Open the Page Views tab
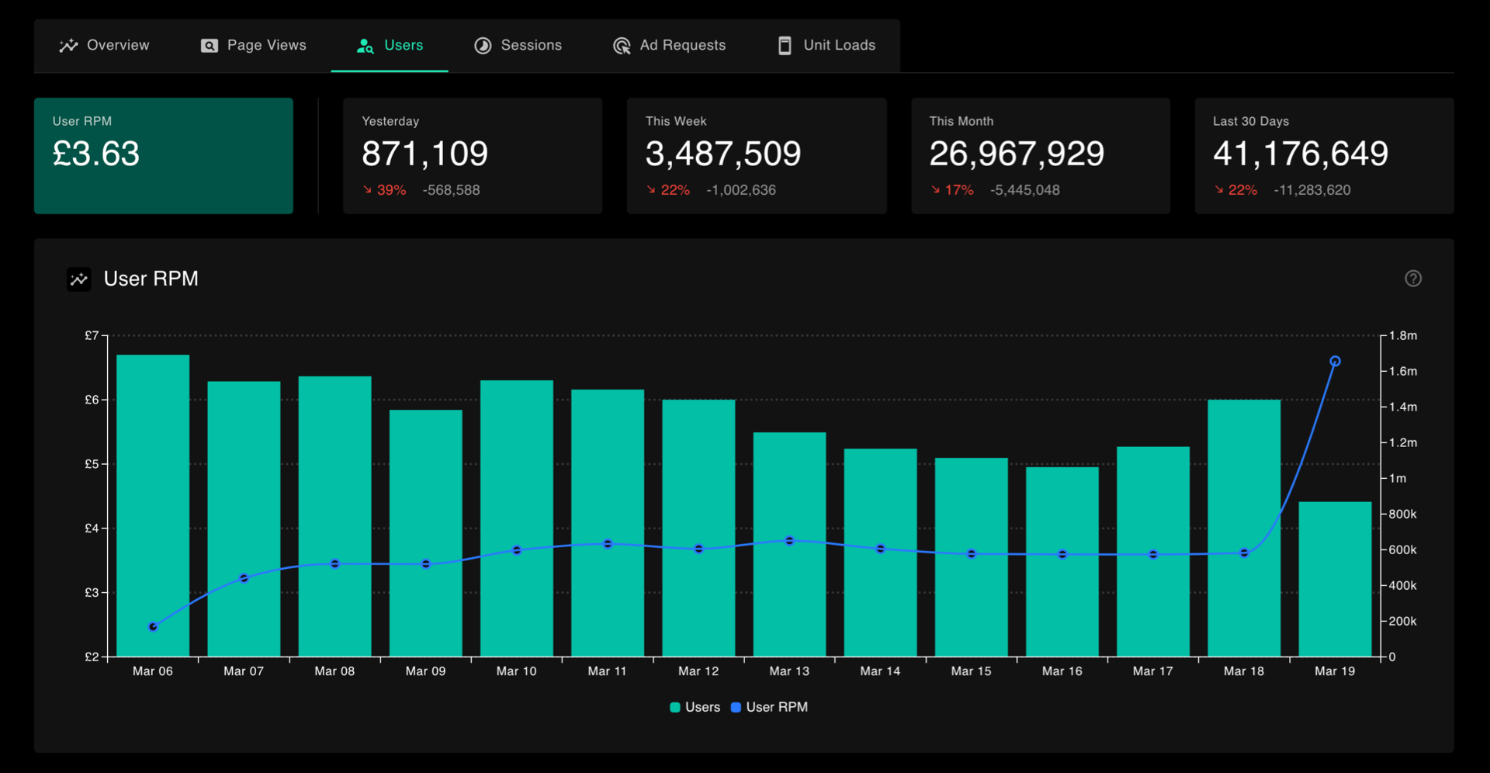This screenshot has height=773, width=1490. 254,46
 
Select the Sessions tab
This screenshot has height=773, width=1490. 518,46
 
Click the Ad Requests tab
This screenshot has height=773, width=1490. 669,46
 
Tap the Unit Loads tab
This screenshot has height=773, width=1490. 826,46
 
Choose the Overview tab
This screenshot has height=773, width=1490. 105,46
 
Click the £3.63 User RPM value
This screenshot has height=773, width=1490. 96,154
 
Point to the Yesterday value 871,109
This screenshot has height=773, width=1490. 425,154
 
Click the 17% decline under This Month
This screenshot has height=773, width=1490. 952,190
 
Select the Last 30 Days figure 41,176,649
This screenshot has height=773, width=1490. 1301,154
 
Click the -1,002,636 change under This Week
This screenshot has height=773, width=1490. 741,190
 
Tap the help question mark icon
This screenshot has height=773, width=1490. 1413,279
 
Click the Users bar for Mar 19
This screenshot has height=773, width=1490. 1335,579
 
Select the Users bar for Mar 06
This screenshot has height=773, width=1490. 153,505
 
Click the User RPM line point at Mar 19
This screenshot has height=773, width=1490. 1335,361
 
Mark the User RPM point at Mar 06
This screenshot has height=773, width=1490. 153,626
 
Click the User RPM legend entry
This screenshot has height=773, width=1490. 769,707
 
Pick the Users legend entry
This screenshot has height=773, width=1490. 695,707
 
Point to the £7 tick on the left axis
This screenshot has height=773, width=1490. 92,335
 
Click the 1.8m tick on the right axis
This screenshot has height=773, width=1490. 1403,335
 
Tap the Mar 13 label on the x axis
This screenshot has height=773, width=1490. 789,671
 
